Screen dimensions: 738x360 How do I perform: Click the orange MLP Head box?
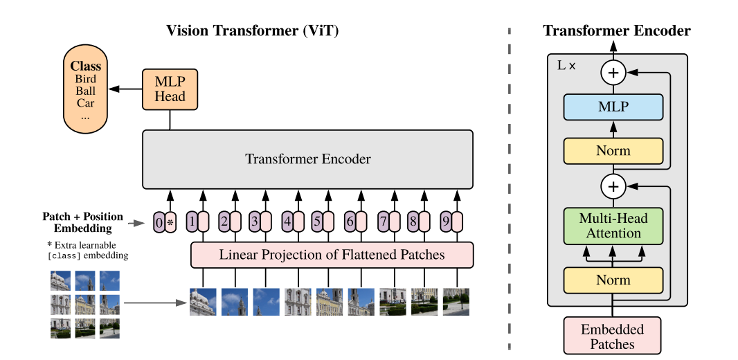[x=170, y=89]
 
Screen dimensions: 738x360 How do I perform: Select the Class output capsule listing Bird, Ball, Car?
[x=86, y=89]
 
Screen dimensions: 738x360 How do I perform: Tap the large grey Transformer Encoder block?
[x=308, y=159]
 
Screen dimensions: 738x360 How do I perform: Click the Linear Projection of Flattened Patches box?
[x=332, y=255]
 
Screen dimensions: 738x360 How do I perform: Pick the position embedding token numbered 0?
[x=159, y=222]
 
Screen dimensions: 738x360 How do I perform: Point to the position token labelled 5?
[x=317, y=222]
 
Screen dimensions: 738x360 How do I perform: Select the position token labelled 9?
[x=446, y=222]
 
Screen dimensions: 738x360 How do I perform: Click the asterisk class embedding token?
[x=170, y=222]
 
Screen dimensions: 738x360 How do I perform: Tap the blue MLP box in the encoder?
[x=613, y=107]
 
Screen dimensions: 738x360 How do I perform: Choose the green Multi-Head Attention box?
[x=613, y=226]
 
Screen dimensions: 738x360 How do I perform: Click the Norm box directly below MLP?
[x=613, y=151]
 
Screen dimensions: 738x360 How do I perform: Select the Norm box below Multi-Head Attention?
[x=613, y=280]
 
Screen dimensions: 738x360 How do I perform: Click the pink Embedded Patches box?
[x=612, y=336]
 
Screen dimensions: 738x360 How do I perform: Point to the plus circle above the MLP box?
[x=613, y=73]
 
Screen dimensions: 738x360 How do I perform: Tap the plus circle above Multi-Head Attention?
[x=613, y=187]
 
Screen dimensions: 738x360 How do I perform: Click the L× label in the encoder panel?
[x=566, y=65]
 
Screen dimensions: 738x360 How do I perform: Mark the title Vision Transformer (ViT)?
[x=252, y=31]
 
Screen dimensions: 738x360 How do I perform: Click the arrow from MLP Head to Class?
[x=125, y=89]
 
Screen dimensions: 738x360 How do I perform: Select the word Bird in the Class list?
[x=85, y=79]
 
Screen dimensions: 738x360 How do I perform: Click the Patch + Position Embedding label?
[x=83, y=223]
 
